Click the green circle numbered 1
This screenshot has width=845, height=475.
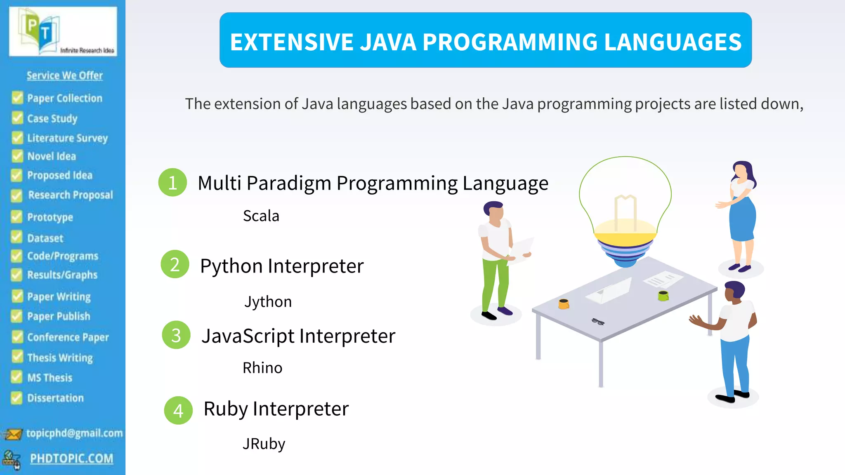pyautogui.click(x=172, y=182)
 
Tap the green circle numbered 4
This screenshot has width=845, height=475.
pyautogui.click(x=178, y=410)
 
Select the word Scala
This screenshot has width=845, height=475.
pyautogui.click(x=261, y=216)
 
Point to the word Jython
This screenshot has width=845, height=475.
pyautogui.click(x=268, y=302)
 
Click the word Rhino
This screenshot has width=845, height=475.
pyautogui.click(x=262, y=368)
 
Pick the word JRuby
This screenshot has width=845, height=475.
pyautogui.click(x=264, y=444)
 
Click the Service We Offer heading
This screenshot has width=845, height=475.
pyautogui.click(x=65, y=75)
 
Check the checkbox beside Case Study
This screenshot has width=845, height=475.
pyautogui.click(x=17, y=118)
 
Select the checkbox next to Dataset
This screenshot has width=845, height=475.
pyautogui.click(x=17, y=237)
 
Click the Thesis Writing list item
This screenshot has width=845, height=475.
pyautogui.click(x=60, y=357)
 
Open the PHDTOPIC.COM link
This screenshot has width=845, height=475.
pyautogui.click(x=71, y=459)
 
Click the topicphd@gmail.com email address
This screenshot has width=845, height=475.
pyautogui.click(x=74, y=433)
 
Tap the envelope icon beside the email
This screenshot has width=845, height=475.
pyautogui.click(x=13, y=434)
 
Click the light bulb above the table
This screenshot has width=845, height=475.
pyautogui.click(x=625, y=210)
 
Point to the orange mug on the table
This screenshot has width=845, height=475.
pyautogui.click(x=564, y=304)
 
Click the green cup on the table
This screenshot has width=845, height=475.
pyautogui.click(x=663, y=295)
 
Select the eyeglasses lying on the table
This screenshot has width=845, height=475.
pyautogui.click(x=598, y=322)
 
